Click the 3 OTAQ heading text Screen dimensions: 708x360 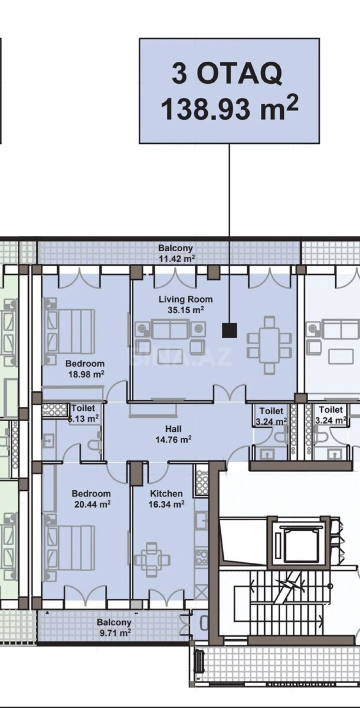tap(227, 73)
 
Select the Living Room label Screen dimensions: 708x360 tap(186, 300)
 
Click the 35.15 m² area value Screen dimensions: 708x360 tap(186, 310)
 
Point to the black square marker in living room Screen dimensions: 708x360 tap(229, 330)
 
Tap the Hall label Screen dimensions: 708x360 tap(173, 429)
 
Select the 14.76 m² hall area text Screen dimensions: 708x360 tap(173, 439)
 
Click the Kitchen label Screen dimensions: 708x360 tap(166, 494)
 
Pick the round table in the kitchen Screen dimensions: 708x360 tap(152, 559)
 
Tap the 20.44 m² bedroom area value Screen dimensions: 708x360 tap(92, 504)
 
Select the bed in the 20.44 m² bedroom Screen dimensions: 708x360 tap(71, 547)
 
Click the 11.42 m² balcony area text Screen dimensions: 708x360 tap(177, 259)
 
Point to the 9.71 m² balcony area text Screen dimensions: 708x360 tap(115, 633)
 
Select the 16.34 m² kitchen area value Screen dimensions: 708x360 tap(166, 504)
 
